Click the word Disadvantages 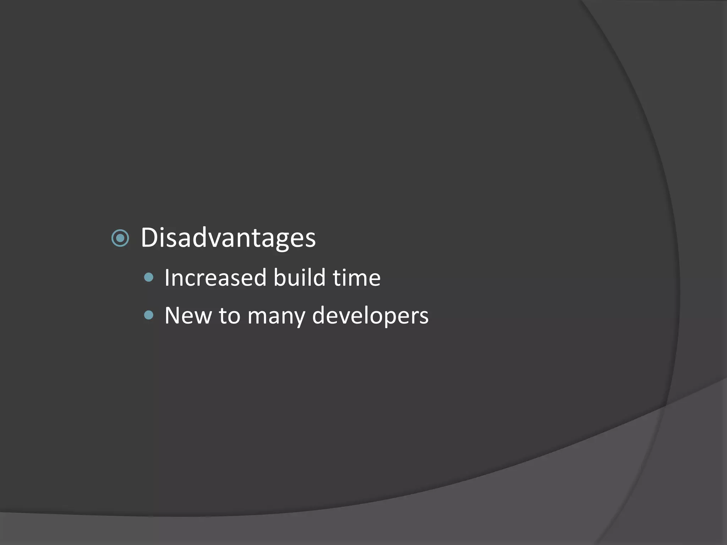(x=228, y=238)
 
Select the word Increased (x=215, y=278)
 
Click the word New (x=188, y=315)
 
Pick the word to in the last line (x=229, y=315)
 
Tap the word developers (x=370, y=315)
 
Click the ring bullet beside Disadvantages (x=120, y=238)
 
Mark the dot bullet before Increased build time (x=149, y=277)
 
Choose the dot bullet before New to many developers (x=149, y=315)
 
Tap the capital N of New (x=173, y=315)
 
